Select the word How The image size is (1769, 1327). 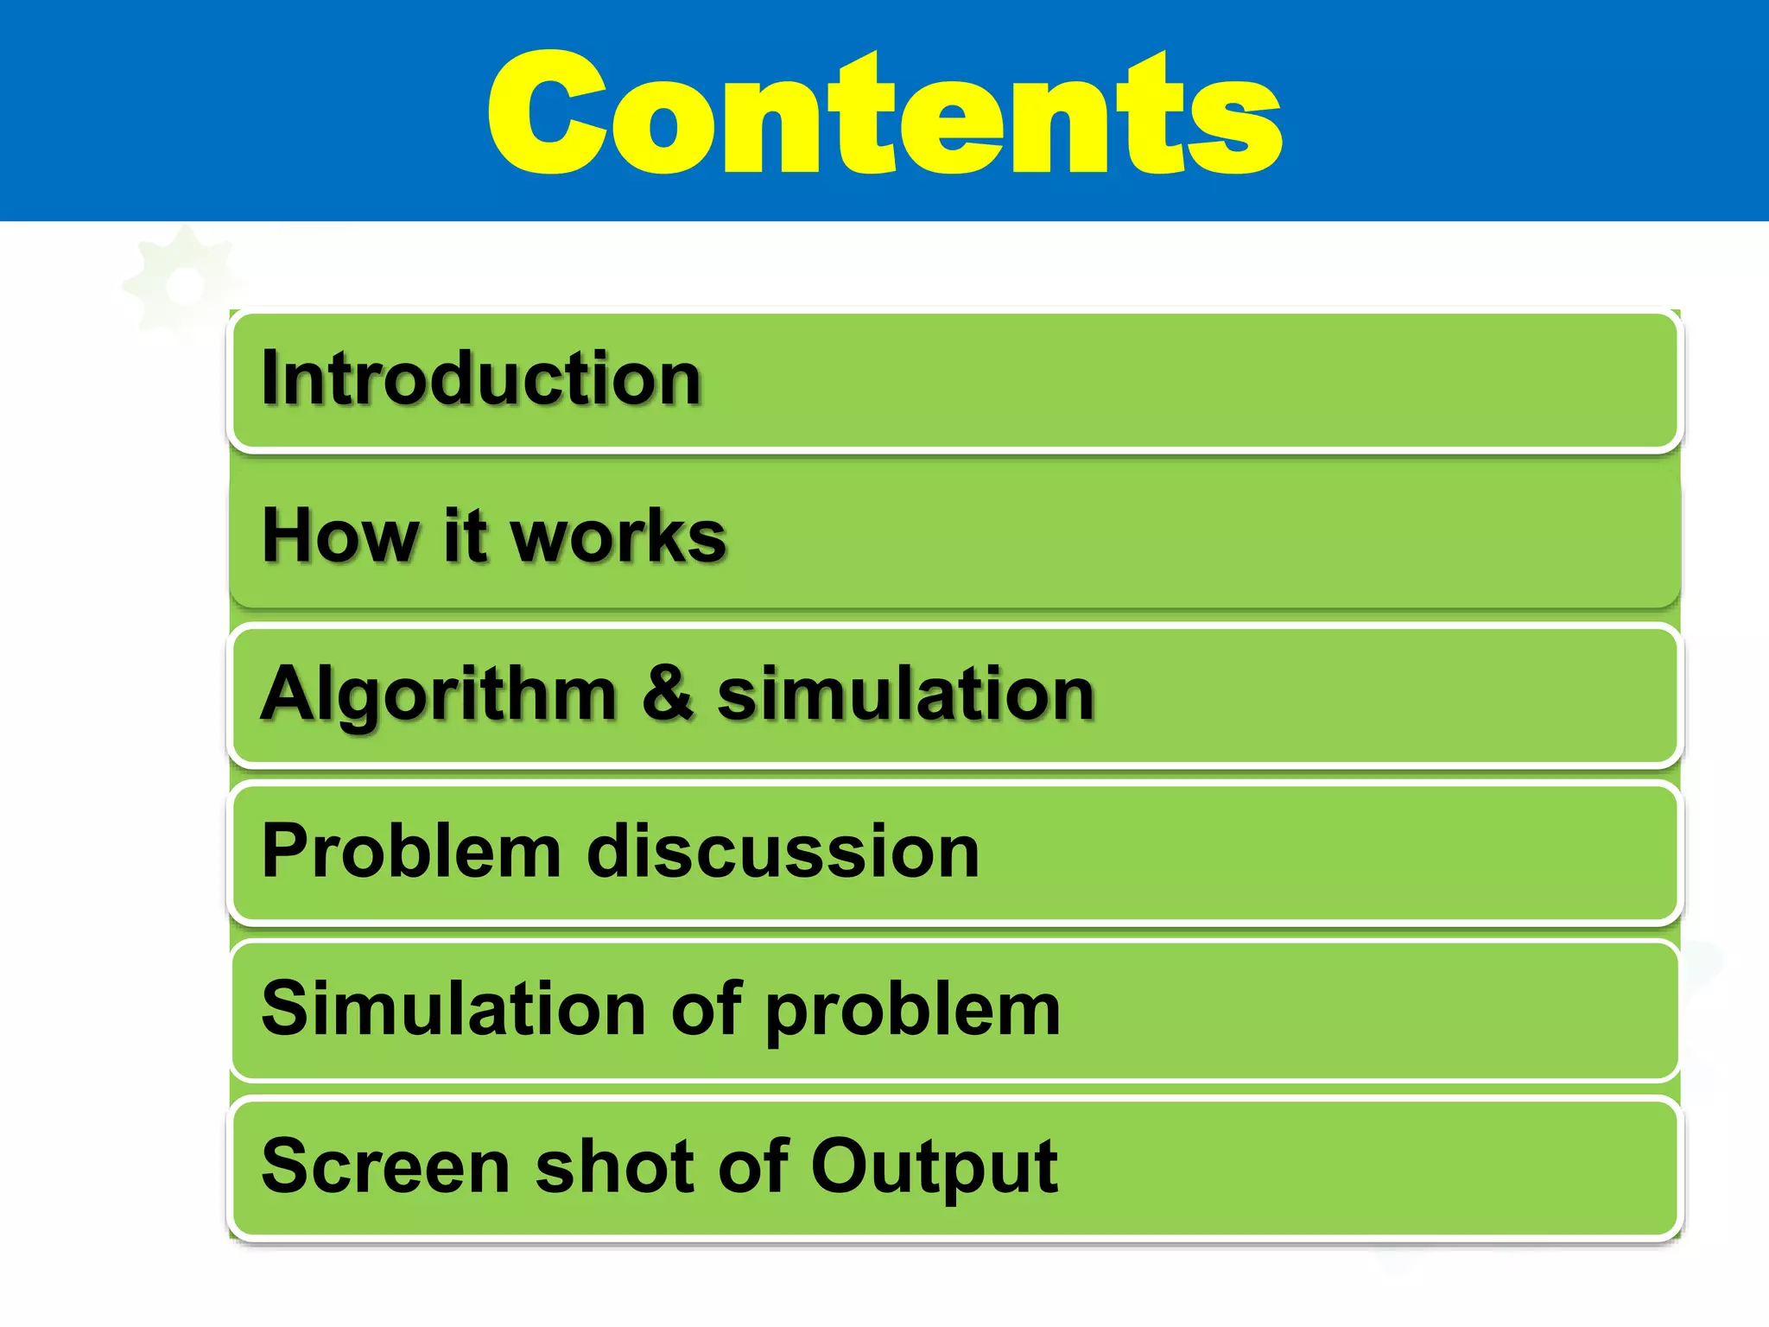click(339, 537)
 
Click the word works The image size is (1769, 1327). click(618, 537)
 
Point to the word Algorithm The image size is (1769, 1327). click(439, 695)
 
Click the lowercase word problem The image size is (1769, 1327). click(913, 1013)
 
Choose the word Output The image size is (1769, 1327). click(934, 1169)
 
